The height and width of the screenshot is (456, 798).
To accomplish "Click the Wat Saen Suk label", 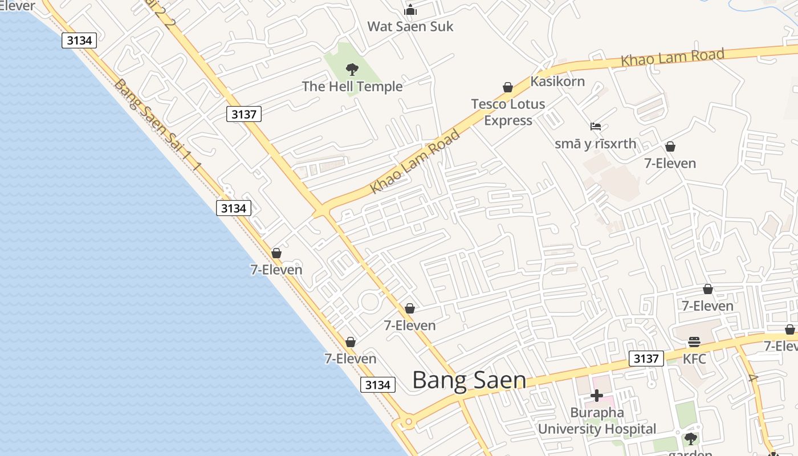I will (410, 26).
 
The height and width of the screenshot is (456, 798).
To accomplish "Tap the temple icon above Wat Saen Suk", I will (410, 10).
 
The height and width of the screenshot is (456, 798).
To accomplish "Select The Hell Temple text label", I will (352, 87).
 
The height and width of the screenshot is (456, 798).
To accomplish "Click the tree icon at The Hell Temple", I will (352, 70).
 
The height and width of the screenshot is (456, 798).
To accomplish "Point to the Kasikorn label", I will (557, 82).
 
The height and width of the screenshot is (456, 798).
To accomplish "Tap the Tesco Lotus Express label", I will (508, 112).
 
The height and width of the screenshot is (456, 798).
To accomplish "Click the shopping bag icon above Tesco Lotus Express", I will (507, 87).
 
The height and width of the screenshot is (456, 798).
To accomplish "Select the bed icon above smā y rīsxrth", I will (596, 126).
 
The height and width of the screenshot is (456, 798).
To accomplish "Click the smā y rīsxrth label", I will (595, 144).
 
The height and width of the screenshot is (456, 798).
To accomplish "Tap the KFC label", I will (694, 359).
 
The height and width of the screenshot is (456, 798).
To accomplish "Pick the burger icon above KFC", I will (694, 342).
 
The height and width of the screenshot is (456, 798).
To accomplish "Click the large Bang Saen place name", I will (469, 380).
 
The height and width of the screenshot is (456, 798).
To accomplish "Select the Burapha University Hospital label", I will (597, 421).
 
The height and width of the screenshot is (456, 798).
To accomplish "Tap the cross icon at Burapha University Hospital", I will (597, 395).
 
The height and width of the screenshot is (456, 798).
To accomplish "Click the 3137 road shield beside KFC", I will (646, 359).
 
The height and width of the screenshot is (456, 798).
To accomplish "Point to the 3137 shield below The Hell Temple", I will (243, 114).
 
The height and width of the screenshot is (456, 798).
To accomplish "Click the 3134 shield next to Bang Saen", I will (377, 385).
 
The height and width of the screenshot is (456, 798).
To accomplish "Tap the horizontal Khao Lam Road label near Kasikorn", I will (672, 58).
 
